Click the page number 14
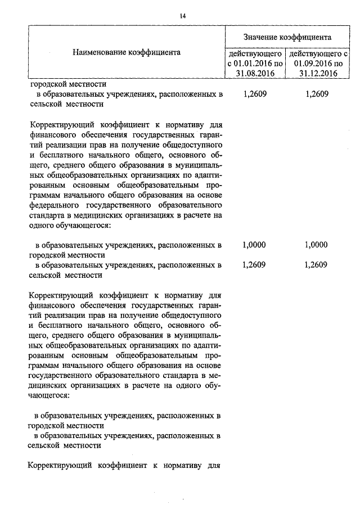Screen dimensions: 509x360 tap(182, 16)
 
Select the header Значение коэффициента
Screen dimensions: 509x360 tap(287, 37)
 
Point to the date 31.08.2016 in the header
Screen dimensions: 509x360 tap(254, 73)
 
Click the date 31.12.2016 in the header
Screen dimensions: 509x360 tap(318, 73)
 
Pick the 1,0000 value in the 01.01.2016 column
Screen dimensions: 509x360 tap(254, 245)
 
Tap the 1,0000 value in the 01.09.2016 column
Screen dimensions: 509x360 tap(316, 245)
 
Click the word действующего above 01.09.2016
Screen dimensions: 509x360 tap(318, 53)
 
